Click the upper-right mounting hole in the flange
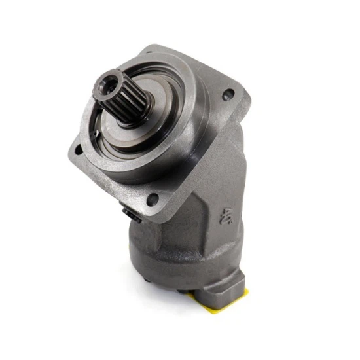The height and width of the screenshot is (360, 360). pos(228,96)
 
